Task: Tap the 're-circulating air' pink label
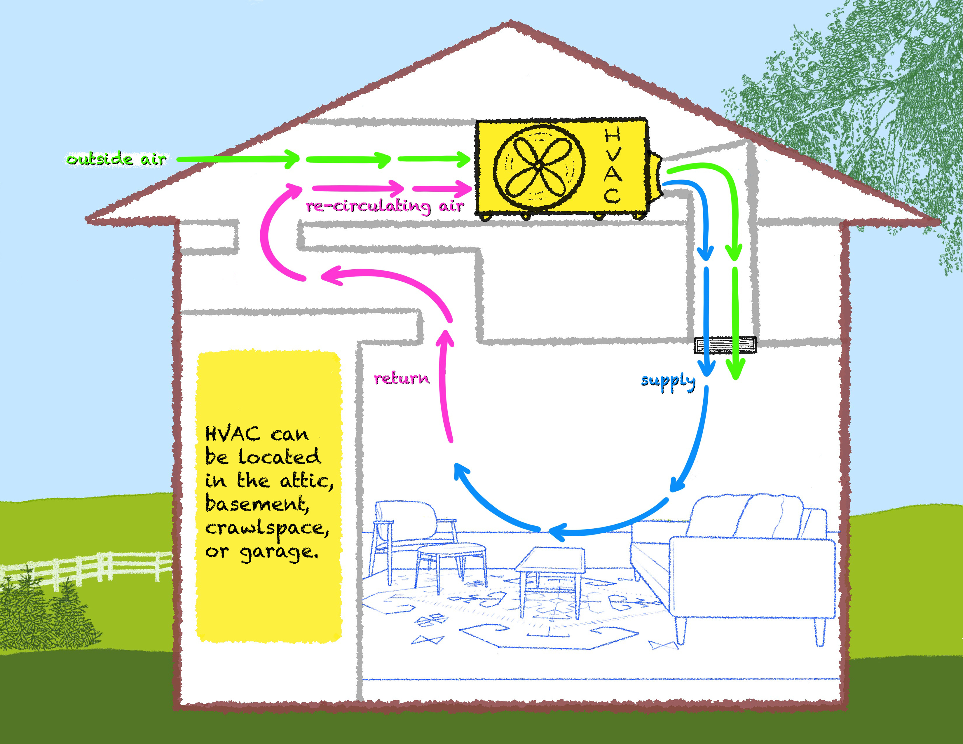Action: pos(385,206)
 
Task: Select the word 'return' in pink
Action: pos(401,378)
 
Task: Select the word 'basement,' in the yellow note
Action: pos(257,504)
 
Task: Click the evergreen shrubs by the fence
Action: pos(44,613)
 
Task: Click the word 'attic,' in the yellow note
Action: pos(306,481)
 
